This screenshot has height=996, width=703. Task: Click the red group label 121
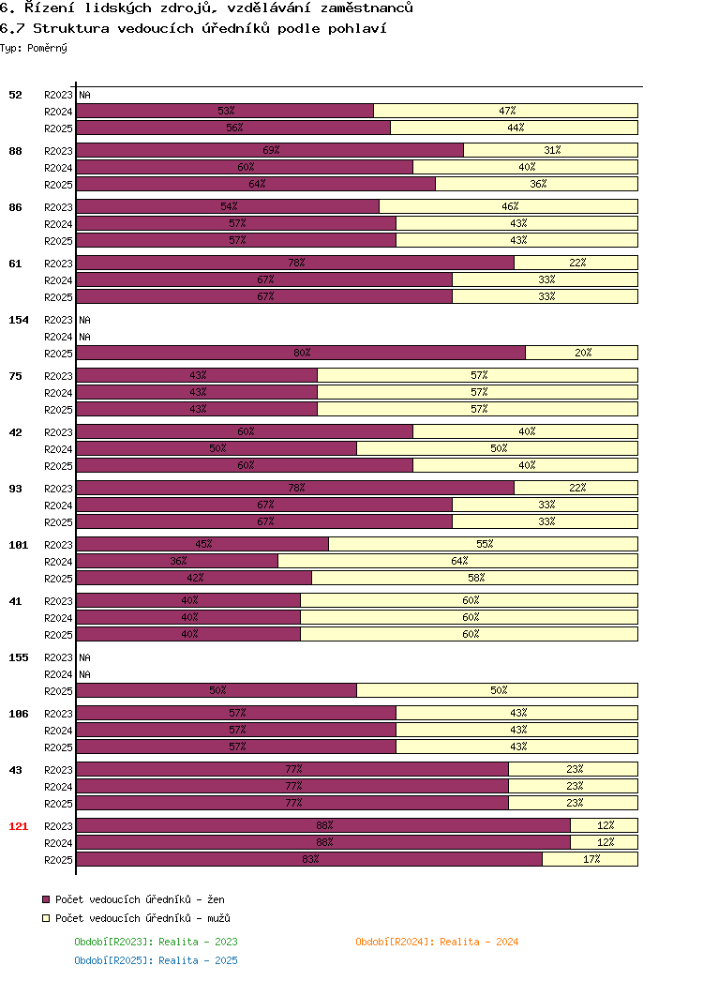pos(19,826)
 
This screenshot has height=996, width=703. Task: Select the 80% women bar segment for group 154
pos(301,353)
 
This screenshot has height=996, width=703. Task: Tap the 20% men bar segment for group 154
pos(582,353)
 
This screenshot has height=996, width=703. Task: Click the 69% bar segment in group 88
pos(270,150)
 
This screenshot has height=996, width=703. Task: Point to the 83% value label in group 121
pos(310,859)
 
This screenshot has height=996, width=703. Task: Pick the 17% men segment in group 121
pos(590,859)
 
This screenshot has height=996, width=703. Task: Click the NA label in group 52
pos(85,96)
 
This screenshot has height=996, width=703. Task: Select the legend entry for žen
pos(133,899)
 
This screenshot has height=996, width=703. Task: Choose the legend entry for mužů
pos(136,918)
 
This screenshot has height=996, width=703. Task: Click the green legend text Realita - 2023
pos(198,942)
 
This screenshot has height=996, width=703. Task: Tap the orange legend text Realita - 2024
pos(479,942)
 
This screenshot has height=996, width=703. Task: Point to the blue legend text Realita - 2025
pos(198,960)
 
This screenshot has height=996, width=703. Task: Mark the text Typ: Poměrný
pos(34,48)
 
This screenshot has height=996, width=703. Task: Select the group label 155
pos(19,657)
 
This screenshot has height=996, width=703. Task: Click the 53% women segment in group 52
pos(225,111)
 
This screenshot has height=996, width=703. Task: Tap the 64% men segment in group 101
pos(457,561)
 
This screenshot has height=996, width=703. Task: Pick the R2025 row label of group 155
pos(58,691)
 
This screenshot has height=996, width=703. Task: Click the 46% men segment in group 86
pos(509,206)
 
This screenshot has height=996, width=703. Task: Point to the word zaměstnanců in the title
pos(367,8)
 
